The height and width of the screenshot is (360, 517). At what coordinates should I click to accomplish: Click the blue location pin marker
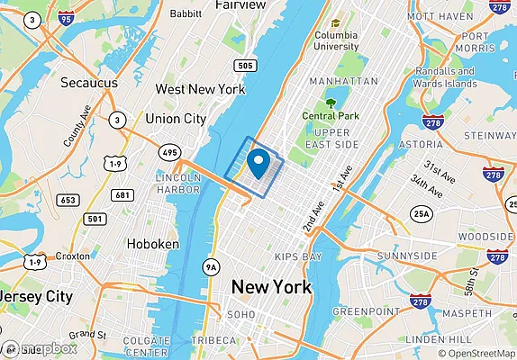[259, 163]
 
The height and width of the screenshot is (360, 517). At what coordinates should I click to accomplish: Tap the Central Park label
[331, 115]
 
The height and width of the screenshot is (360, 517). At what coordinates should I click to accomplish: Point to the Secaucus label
[90, 83]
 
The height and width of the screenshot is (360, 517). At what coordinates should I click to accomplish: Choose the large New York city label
[271, 287]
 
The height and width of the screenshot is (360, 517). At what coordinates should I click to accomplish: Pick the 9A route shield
[212, 266]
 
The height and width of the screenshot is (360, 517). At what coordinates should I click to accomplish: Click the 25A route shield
[420, 213]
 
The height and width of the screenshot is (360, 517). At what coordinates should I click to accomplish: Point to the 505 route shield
[244, 65]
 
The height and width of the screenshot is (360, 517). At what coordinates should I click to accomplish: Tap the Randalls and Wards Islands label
[448, 77]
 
